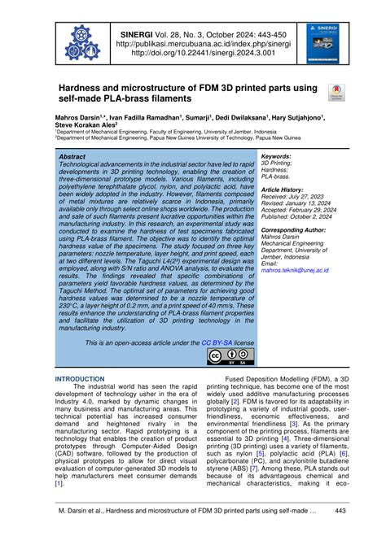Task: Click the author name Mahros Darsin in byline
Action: [76, 118]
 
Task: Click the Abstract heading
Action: [72, 155]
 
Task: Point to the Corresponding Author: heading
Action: [295, 230]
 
